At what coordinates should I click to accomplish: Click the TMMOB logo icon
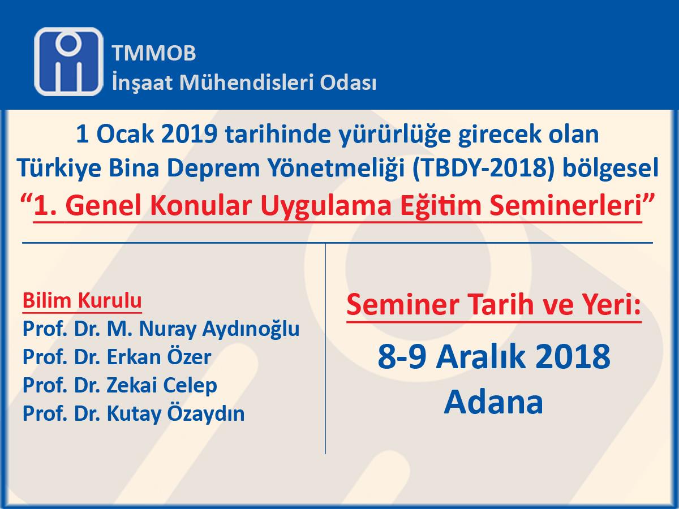pyautogui.click(x=68, y=62)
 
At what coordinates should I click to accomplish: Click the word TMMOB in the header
pyautogui.click(x=154, y=53)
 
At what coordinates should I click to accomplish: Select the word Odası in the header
pyautogui.click(x=348, y=83)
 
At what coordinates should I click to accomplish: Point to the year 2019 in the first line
pyautogui.click(x=190, y=134)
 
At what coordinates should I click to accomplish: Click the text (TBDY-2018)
pyautogui.click(x=483, y=169)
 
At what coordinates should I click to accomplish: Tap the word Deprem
pyautogui.click(x=213, y=169)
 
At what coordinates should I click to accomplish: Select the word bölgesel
pyautogui.click(x=610, y=168)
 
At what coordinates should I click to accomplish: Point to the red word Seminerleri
pyautogui.click(x=566, y=205)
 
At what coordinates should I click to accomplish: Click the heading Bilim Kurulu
pyautogui.click(x=82, y=300)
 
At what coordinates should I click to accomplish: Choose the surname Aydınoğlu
pyautogui.click(x=251, y=330)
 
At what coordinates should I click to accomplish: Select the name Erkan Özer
pyautogui.click(x=159, y=357)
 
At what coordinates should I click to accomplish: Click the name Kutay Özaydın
pyautogui.click(x=175, y=414)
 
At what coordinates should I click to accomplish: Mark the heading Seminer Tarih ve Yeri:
pyautogui.click(x=494, y=305)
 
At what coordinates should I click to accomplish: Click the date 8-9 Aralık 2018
pyautogui.click(x=494, y=357)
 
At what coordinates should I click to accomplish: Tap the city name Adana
pyautogui.click(x=493, y=402)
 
